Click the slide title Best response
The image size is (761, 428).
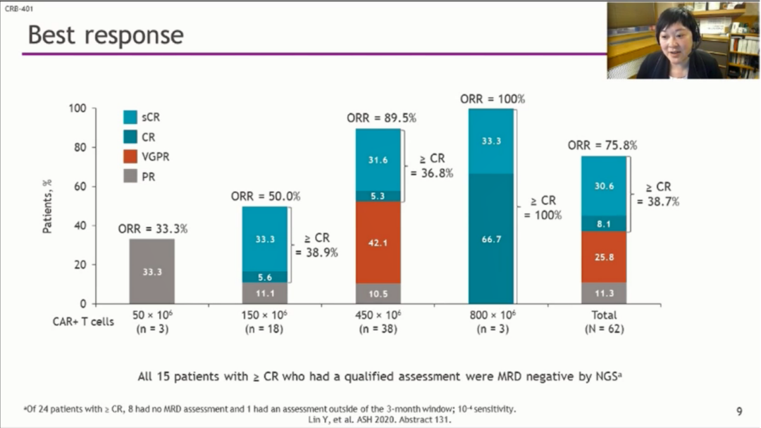[106, 35]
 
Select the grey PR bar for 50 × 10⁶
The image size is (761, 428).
[151, 271]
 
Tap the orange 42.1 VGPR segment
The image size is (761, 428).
[378, 243]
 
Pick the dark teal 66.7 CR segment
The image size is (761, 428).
[491, 239]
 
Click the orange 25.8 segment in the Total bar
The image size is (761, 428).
[604, 257]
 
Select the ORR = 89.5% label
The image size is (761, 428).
[381, 118]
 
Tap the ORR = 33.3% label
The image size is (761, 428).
[153, 229]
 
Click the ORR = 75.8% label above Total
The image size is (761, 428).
[602, 146]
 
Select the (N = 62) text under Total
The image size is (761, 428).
[604, 329]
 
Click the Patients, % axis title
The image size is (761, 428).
[48, 206]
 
